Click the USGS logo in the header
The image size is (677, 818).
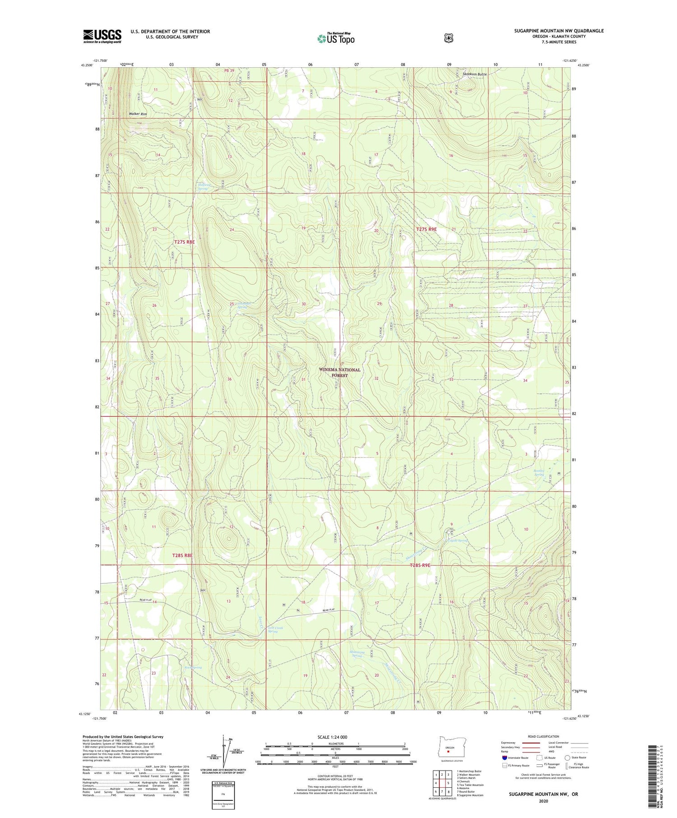pos(102,36)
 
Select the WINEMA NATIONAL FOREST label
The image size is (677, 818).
pos(339,372)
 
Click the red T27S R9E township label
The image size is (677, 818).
pos(426,229)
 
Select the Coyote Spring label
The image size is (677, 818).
pos(457,540)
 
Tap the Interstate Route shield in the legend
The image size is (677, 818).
pos(504,758)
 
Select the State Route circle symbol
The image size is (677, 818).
pos(567,758)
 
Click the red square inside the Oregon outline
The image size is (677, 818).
pos(448,752)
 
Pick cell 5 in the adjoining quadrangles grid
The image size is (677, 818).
pos(448,783)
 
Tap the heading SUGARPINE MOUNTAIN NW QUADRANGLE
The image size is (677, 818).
pos(559,31)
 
